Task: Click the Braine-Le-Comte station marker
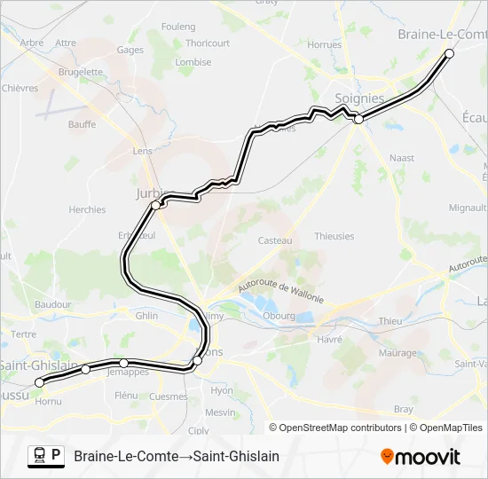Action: coord(449,54)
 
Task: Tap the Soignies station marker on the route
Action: coord(358,119)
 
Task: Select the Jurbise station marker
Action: coord(156,205)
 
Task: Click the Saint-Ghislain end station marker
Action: coord(39,382)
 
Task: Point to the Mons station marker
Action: coord(197,360)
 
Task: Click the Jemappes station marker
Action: coord(123,363)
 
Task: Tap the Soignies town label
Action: coord(359,98)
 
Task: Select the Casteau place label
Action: coord(275,240)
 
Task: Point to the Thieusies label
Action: coord(334,237)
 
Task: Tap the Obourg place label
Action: coord(279,315)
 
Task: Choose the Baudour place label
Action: coord(52,304)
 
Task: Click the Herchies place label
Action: coord(87,210)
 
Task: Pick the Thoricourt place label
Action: coord(208,43)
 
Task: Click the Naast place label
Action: coord(402,158)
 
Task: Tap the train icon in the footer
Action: coord(40,456)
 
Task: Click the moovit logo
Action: coord(421,457)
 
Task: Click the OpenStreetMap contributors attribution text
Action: coord(340,428)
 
